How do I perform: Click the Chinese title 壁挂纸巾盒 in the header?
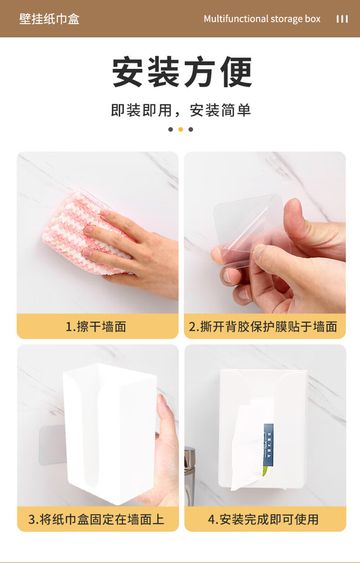click(x=49, y=19)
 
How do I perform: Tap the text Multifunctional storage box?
click(x=262, y=19)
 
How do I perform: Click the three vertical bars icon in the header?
click(x=342, y=19)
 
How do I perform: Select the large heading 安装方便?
click(x=182, y=72)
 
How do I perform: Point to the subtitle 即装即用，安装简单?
click(x=181, y=110)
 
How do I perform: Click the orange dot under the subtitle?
click(x=180, y=129)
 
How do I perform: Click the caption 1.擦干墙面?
click(x=96, y=327)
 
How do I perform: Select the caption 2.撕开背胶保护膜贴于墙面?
click(x=263, y=327)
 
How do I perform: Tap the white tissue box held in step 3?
click(x=109, y=432)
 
